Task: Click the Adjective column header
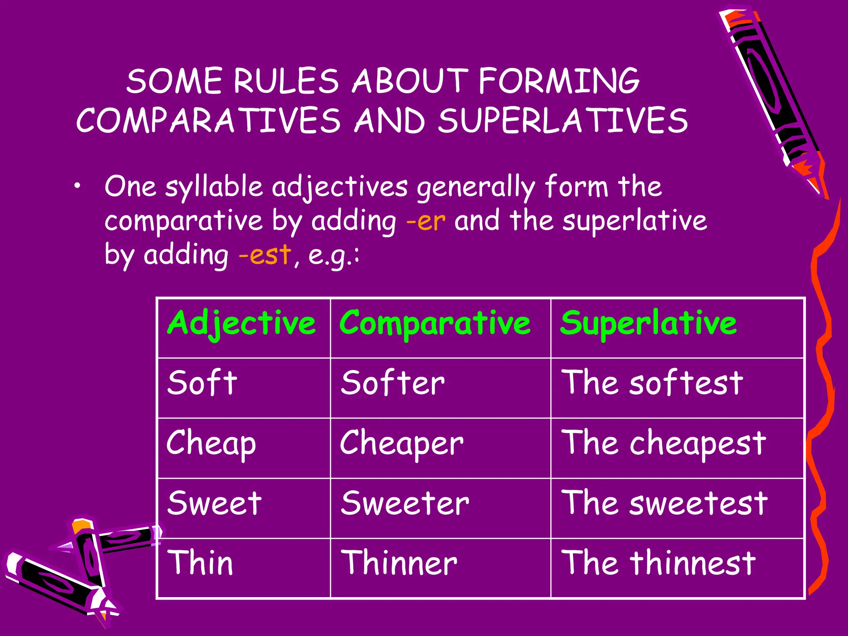pos(242,324)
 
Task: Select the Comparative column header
pos(434,324)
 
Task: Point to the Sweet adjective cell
pos(214,503)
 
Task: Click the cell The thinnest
pos(658,564)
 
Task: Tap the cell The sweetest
pos(664,503)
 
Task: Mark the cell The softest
pos(652,383)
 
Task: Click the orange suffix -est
pos(265,255)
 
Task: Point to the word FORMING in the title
pos(559,81)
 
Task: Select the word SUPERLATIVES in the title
pos(563,121)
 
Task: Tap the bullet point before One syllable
pos(77,187)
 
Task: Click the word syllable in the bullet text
pos(214,187)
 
